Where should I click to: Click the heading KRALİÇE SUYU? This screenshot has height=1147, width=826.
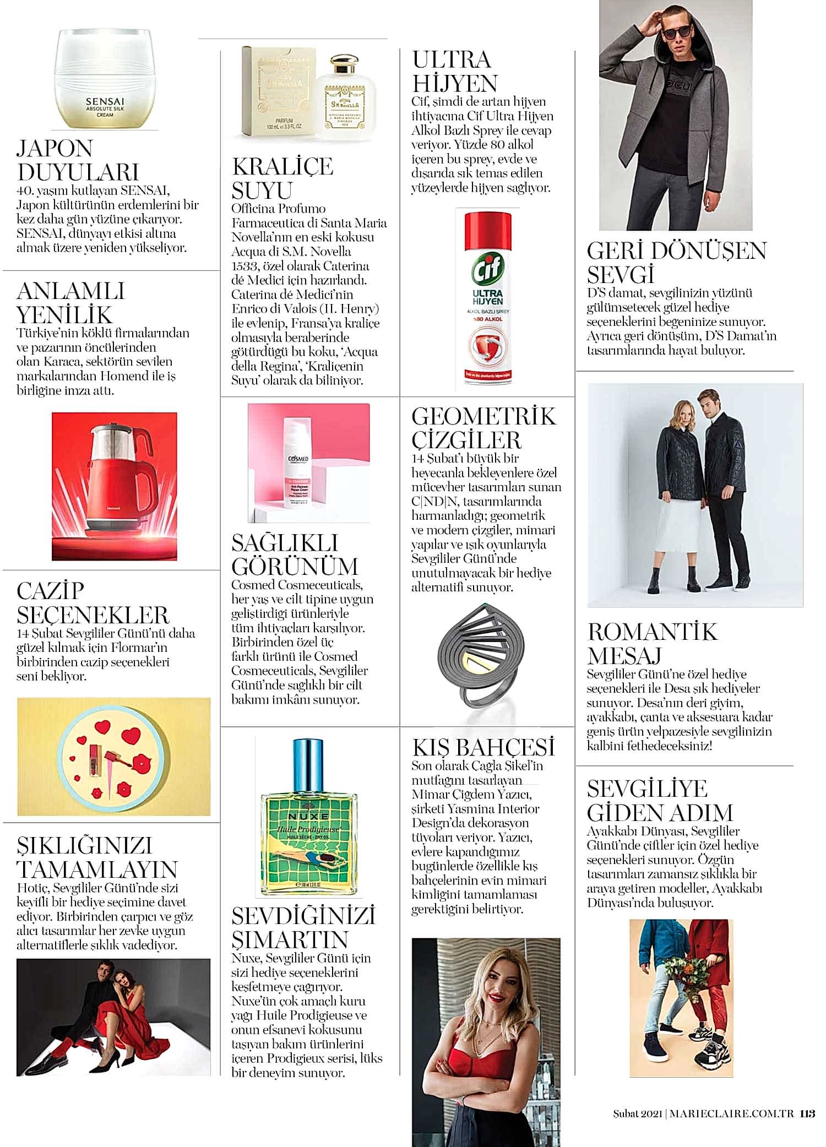(282, 178)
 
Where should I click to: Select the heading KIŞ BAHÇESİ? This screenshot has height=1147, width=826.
(483, 747)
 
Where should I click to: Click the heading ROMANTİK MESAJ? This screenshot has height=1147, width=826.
(652, 643)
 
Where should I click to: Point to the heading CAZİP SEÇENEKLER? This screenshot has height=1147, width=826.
(93, 603)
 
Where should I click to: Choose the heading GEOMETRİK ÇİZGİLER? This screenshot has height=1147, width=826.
(483, 428)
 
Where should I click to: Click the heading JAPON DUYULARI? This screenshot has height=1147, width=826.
(77, 160)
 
